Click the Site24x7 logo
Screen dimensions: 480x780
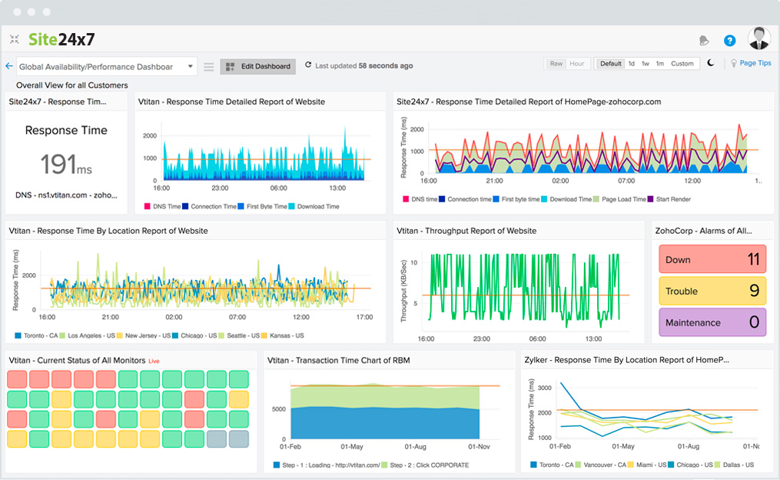(61, 39)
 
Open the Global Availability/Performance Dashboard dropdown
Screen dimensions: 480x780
(107, 67)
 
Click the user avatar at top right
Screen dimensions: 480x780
(758, 38)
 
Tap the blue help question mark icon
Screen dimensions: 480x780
(729, 41)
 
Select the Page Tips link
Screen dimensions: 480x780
(755, 64)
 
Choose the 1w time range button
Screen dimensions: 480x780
(646, 64)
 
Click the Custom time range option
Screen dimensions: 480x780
(682, 64)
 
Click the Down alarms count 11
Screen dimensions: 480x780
(753, 259)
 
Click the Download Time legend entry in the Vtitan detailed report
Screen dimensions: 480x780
(318, 206)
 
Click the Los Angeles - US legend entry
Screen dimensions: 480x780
(90, 335)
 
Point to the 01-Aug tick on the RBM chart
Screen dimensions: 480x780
(416, 447)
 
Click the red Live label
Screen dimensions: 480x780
(154, 361)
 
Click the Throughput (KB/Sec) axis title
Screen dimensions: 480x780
(402, 282)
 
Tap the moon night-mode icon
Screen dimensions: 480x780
(711, 64)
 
